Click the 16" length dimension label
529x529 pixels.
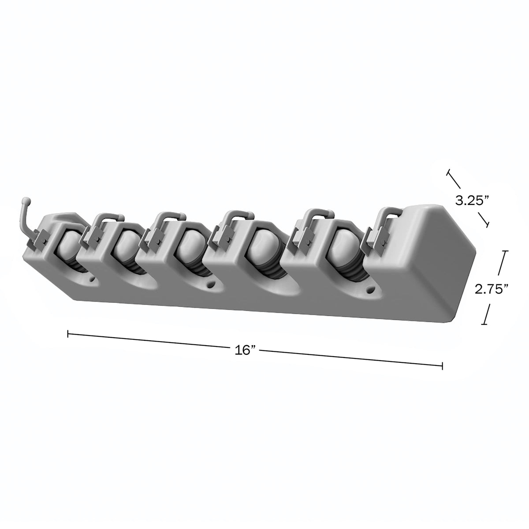coord(245,350)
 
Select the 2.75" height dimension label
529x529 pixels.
coord(492,290)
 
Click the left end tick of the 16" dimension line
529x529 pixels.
coord(68,334)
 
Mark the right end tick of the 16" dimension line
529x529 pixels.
coord(442,366)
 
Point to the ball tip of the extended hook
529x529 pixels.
coord(26,199)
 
